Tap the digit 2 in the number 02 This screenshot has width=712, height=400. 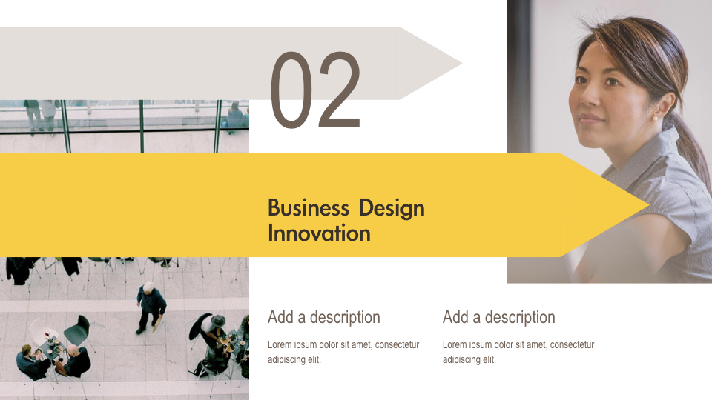point(338,91)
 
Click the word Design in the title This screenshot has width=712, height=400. point(392,209)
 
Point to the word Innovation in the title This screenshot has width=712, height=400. point(319,233)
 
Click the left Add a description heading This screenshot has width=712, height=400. point(323,317)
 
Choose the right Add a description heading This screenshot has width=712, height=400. point(498,317)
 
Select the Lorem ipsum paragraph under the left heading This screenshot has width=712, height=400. point(343,352)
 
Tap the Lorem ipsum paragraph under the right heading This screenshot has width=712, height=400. point(518,352)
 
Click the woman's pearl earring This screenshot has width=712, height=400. point(655,116)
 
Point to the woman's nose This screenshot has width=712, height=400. point(587,97)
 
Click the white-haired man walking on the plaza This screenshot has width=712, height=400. point(151,305)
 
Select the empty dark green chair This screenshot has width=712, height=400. point(79,332)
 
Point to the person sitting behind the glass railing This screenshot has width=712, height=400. point(235,117)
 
